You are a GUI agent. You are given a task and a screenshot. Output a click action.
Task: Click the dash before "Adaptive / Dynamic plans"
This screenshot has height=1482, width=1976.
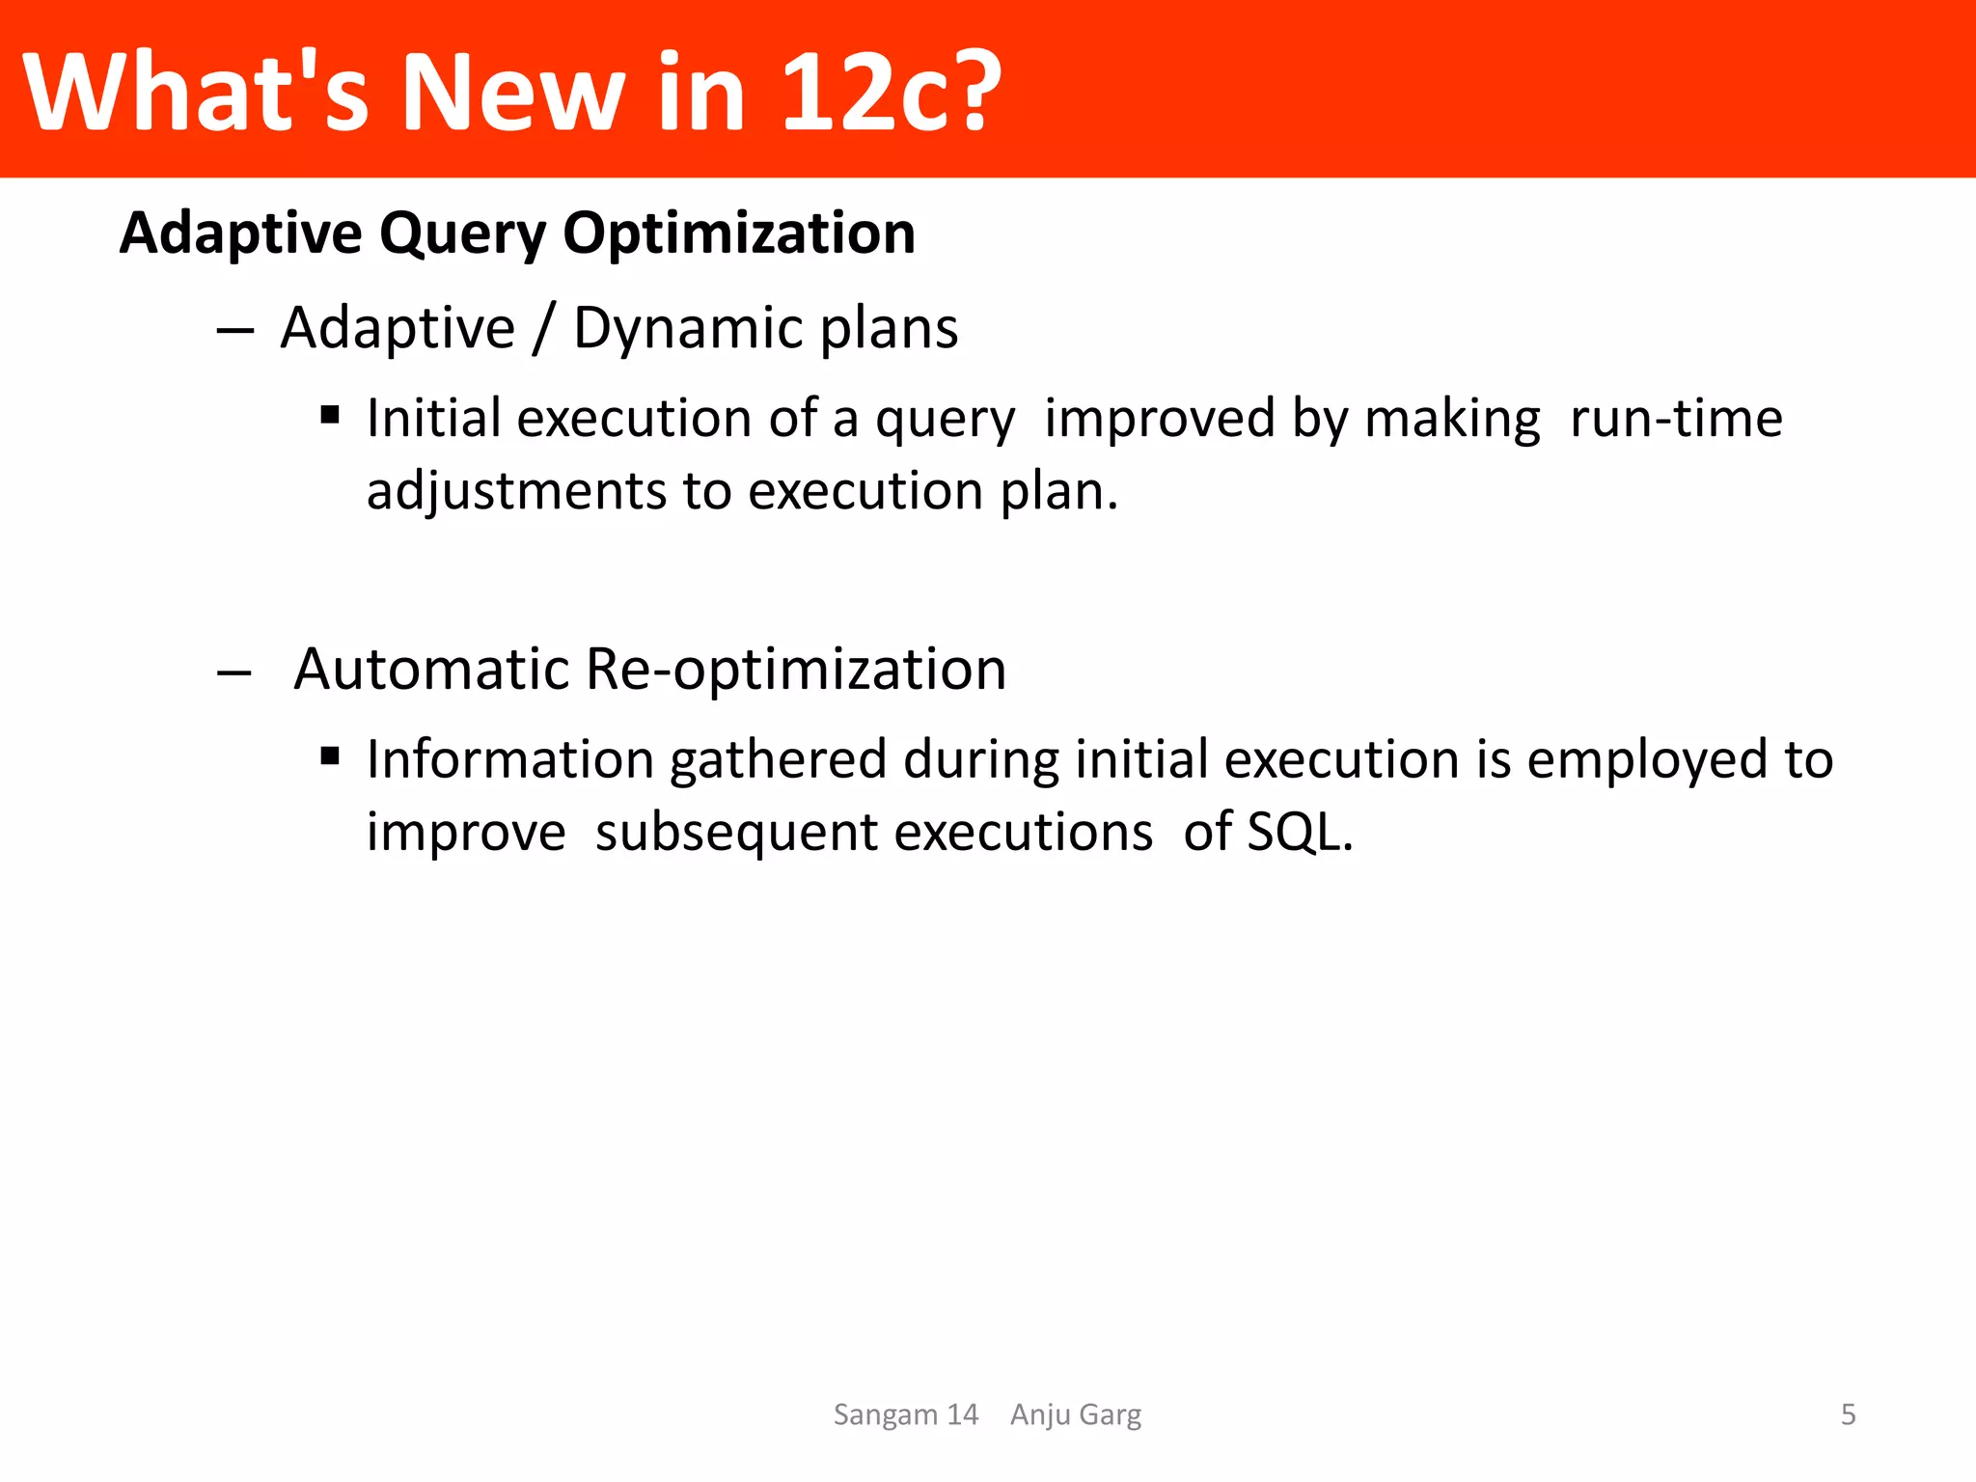[234, 331]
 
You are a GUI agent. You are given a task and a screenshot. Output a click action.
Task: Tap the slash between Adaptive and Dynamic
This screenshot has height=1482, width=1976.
[543, 329]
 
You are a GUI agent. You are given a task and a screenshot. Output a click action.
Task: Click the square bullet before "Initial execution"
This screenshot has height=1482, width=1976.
[330, 416]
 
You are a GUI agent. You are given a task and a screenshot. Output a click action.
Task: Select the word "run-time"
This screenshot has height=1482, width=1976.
[1676, 419]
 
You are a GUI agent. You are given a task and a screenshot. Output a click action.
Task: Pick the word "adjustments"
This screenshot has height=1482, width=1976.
[516, 492]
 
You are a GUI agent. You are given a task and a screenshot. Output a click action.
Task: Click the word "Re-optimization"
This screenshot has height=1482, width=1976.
[796, 669]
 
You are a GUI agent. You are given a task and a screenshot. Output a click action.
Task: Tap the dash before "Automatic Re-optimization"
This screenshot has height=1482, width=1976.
[234, 672]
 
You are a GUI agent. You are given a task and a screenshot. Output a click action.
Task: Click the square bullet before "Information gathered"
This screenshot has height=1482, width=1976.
[330, 756]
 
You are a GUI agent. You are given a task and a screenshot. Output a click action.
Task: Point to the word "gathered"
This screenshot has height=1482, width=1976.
[778, 760]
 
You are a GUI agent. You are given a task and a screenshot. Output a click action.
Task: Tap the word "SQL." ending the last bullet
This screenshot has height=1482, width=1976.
[1300, 832]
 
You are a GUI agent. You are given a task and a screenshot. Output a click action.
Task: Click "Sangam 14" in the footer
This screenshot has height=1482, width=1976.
[905, 1414]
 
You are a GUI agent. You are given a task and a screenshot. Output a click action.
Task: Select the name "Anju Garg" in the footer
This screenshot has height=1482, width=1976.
[1076, 1414]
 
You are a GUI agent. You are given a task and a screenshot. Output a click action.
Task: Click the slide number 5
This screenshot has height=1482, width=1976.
[1848, 1414]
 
